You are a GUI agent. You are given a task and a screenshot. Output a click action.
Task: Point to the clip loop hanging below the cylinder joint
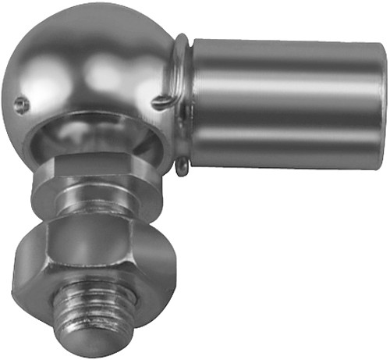181,166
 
